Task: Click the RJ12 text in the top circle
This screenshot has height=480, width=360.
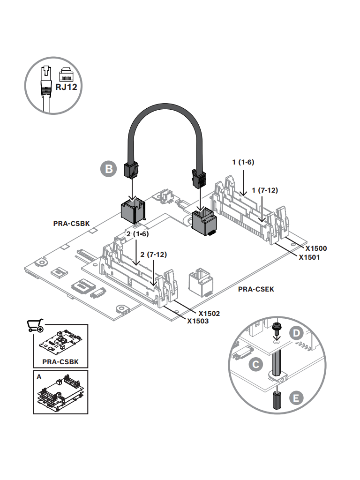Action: (66, 87)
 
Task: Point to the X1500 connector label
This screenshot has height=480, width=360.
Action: (316, 248)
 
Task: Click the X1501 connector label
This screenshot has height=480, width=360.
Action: (309, 257)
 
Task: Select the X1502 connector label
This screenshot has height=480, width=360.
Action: (209, 313)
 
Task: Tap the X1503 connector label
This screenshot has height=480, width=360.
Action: (198, 321)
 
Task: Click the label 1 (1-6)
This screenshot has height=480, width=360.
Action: (243, 162)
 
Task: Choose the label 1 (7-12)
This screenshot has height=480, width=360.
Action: (265, 190)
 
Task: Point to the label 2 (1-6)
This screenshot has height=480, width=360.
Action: (138, 233)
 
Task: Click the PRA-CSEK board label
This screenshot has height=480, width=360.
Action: (256, 289)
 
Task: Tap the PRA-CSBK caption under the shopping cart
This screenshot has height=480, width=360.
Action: (60, 362)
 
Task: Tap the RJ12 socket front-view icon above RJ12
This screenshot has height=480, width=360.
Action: (66, 74)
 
